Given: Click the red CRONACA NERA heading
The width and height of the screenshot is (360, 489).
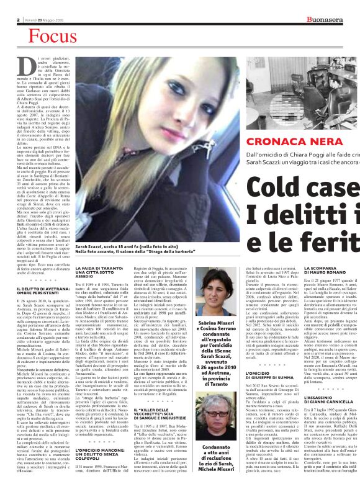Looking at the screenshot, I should (265, 142).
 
